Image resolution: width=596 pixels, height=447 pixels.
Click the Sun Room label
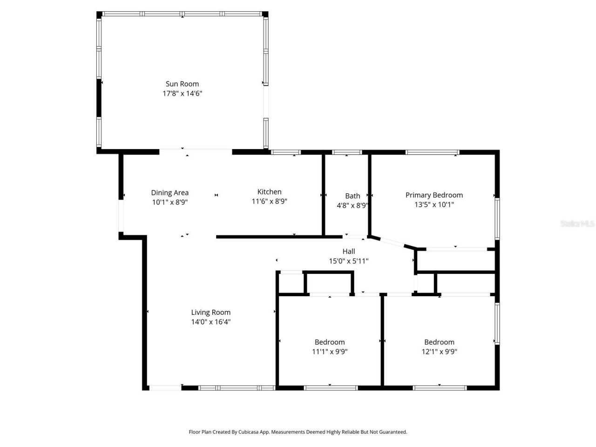[182, 84]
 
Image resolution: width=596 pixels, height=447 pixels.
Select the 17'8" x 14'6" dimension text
[182, 93]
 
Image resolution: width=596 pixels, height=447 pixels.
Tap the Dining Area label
[169, 192]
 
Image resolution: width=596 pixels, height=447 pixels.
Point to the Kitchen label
[269, 191]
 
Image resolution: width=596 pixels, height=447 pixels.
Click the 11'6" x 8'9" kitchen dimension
[269, 201]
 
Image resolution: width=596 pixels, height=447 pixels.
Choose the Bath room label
[352, 196]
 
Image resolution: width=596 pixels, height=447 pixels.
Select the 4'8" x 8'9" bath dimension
[352, 205]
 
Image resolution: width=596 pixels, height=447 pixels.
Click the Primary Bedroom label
[434, 195]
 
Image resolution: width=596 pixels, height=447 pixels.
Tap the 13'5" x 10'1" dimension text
[434, 204]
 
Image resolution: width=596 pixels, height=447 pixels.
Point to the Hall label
[348, 251]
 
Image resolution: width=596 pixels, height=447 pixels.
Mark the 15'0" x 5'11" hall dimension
[348, 261]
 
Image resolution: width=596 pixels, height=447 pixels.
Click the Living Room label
[210, 312]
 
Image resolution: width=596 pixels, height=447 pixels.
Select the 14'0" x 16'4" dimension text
[210, 322]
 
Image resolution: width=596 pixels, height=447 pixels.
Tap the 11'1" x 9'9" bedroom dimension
[330, 352]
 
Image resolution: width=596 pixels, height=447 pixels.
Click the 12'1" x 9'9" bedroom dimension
[439, 352]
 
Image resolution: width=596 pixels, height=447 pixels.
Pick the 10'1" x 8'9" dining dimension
[169, 202]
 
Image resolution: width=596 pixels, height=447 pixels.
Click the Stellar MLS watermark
[577, 223]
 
